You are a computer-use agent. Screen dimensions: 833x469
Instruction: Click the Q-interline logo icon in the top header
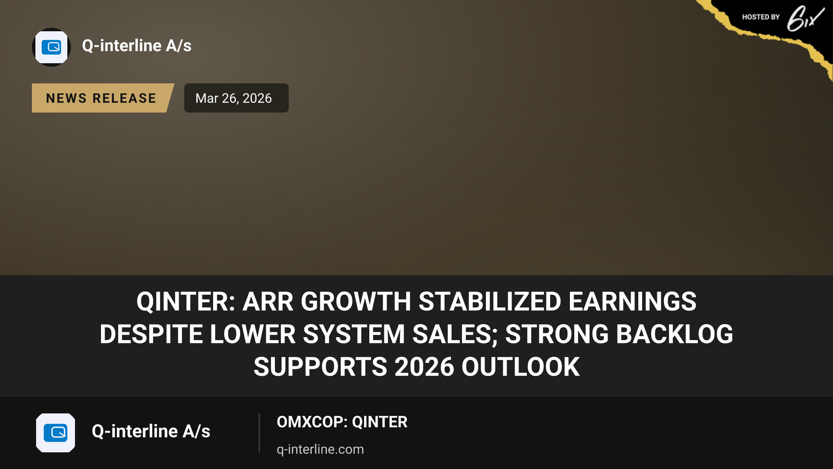click(51, 47)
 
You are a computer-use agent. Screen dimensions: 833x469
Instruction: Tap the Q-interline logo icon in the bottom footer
click(56, 433)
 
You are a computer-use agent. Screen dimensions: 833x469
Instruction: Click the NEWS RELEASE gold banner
click(103, 98)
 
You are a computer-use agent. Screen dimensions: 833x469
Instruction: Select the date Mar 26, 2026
click(234, 98)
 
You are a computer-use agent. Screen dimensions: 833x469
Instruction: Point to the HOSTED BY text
click(761, 17)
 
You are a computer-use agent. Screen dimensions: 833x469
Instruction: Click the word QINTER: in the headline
click(186, 302)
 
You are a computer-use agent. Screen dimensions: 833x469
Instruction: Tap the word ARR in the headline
click(268, 302)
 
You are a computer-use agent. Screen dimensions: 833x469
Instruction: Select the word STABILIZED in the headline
click(490, 302)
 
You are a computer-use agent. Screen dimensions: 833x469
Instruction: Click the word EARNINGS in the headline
click(632, 302)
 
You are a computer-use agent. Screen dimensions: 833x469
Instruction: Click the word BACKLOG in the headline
click(671, 334)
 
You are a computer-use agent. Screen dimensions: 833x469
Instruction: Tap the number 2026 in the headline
click(424, 367)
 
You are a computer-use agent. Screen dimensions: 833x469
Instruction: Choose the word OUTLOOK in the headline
click(521, 367)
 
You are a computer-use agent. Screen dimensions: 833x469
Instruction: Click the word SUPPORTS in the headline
click(320, 367)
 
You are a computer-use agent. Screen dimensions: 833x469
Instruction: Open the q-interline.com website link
click(320, 449)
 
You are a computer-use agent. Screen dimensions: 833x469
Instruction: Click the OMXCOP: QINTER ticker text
click(342, 422)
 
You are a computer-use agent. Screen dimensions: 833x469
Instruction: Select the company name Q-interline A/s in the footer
click(151, 431)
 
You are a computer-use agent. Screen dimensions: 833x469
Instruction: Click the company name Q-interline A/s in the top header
click(137, 46)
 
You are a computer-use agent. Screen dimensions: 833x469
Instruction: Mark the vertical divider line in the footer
click(259, 433)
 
